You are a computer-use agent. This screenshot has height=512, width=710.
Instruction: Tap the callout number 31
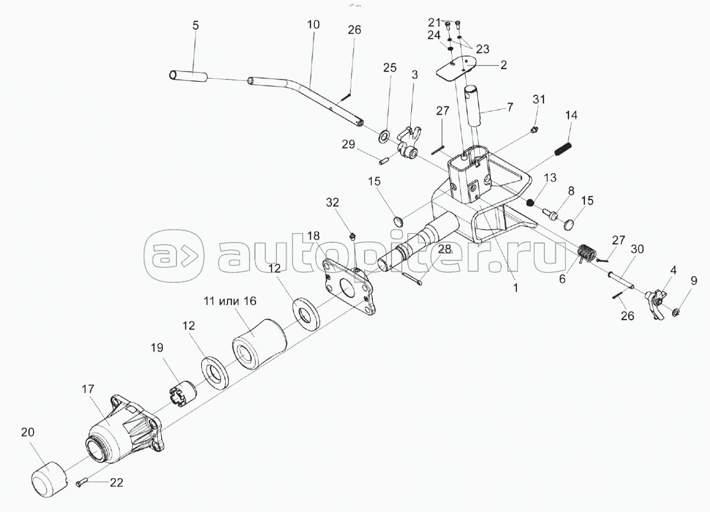539,100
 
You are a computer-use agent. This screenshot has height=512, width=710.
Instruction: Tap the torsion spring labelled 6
586,254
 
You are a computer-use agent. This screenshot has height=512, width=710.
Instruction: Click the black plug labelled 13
530,203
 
